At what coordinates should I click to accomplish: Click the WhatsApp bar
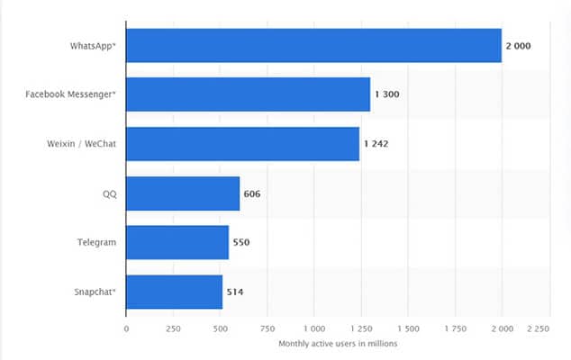pyautogui.click(x=313, y=45)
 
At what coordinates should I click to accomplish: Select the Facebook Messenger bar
pyautogui.click(x=248, y=94)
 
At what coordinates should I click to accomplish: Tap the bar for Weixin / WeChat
pyautogui.click(x=242, y=144)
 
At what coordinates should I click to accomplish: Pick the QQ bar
pyautogui.click(x=183, y=193)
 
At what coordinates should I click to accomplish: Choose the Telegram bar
pyautogui.click(x=177, y=242)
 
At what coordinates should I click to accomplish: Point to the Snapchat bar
pyautogui.click(x=174, y=292)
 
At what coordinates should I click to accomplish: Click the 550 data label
pyautogui.click(x=240, y=242)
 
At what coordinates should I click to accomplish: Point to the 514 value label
pyautogui.click(x=234, y=292)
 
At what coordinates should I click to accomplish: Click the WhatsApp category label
pyautogui.click(x=92, y=45)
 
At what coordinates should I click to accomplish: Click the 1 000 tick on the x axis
pyautogui.click(x=313, y=329)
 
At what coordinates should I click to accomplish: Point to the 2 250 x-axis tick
pyautogui.click(x=537, y=329)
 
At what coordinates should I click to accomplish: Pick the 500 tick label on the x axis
pyautogui.click(x=220, y=329)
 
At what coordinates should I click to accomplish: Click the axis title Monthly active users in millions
pyautogui.click(x=337, y=344)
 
